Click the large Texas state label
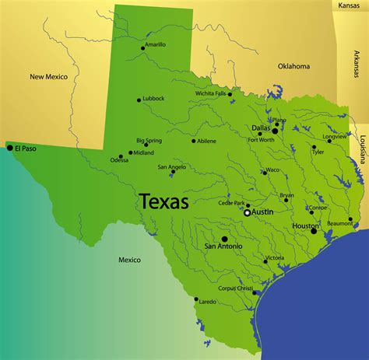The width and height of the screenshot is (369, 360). coord(163,202)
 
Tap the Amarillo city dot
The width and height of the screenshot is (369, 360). coord(143,48)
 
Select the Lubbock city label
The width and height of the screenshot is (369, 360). coord(154,99)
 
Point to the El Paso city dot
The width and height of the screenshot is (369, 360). coord(10,148)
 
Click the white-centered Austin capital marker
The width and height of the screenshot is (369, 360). coord(247,212)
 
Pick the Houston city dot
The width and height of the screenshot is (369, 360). coord(315,231)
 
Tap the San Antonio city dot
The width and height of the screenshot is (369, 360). coord(224,239)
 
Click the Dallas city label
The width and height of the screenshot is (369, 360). coord(261,128)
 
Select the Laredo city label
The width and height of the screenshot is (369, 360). coord(208,301)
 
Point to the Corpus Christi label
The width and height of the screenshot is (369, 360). coord(236,288)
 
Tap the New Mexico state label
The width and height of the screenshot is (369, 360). coord(49,76)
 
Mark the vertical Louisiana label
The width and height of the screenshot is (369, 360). coord(362,148)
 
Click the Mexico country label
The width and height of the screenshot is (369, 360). coord(129,259)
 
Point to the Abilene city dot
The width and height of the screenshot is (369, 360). coord(194,141)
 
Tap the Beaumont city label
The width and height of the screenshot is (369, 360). coord(340,223)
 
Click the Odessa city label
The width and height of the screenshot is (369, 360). coord(119,160)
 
